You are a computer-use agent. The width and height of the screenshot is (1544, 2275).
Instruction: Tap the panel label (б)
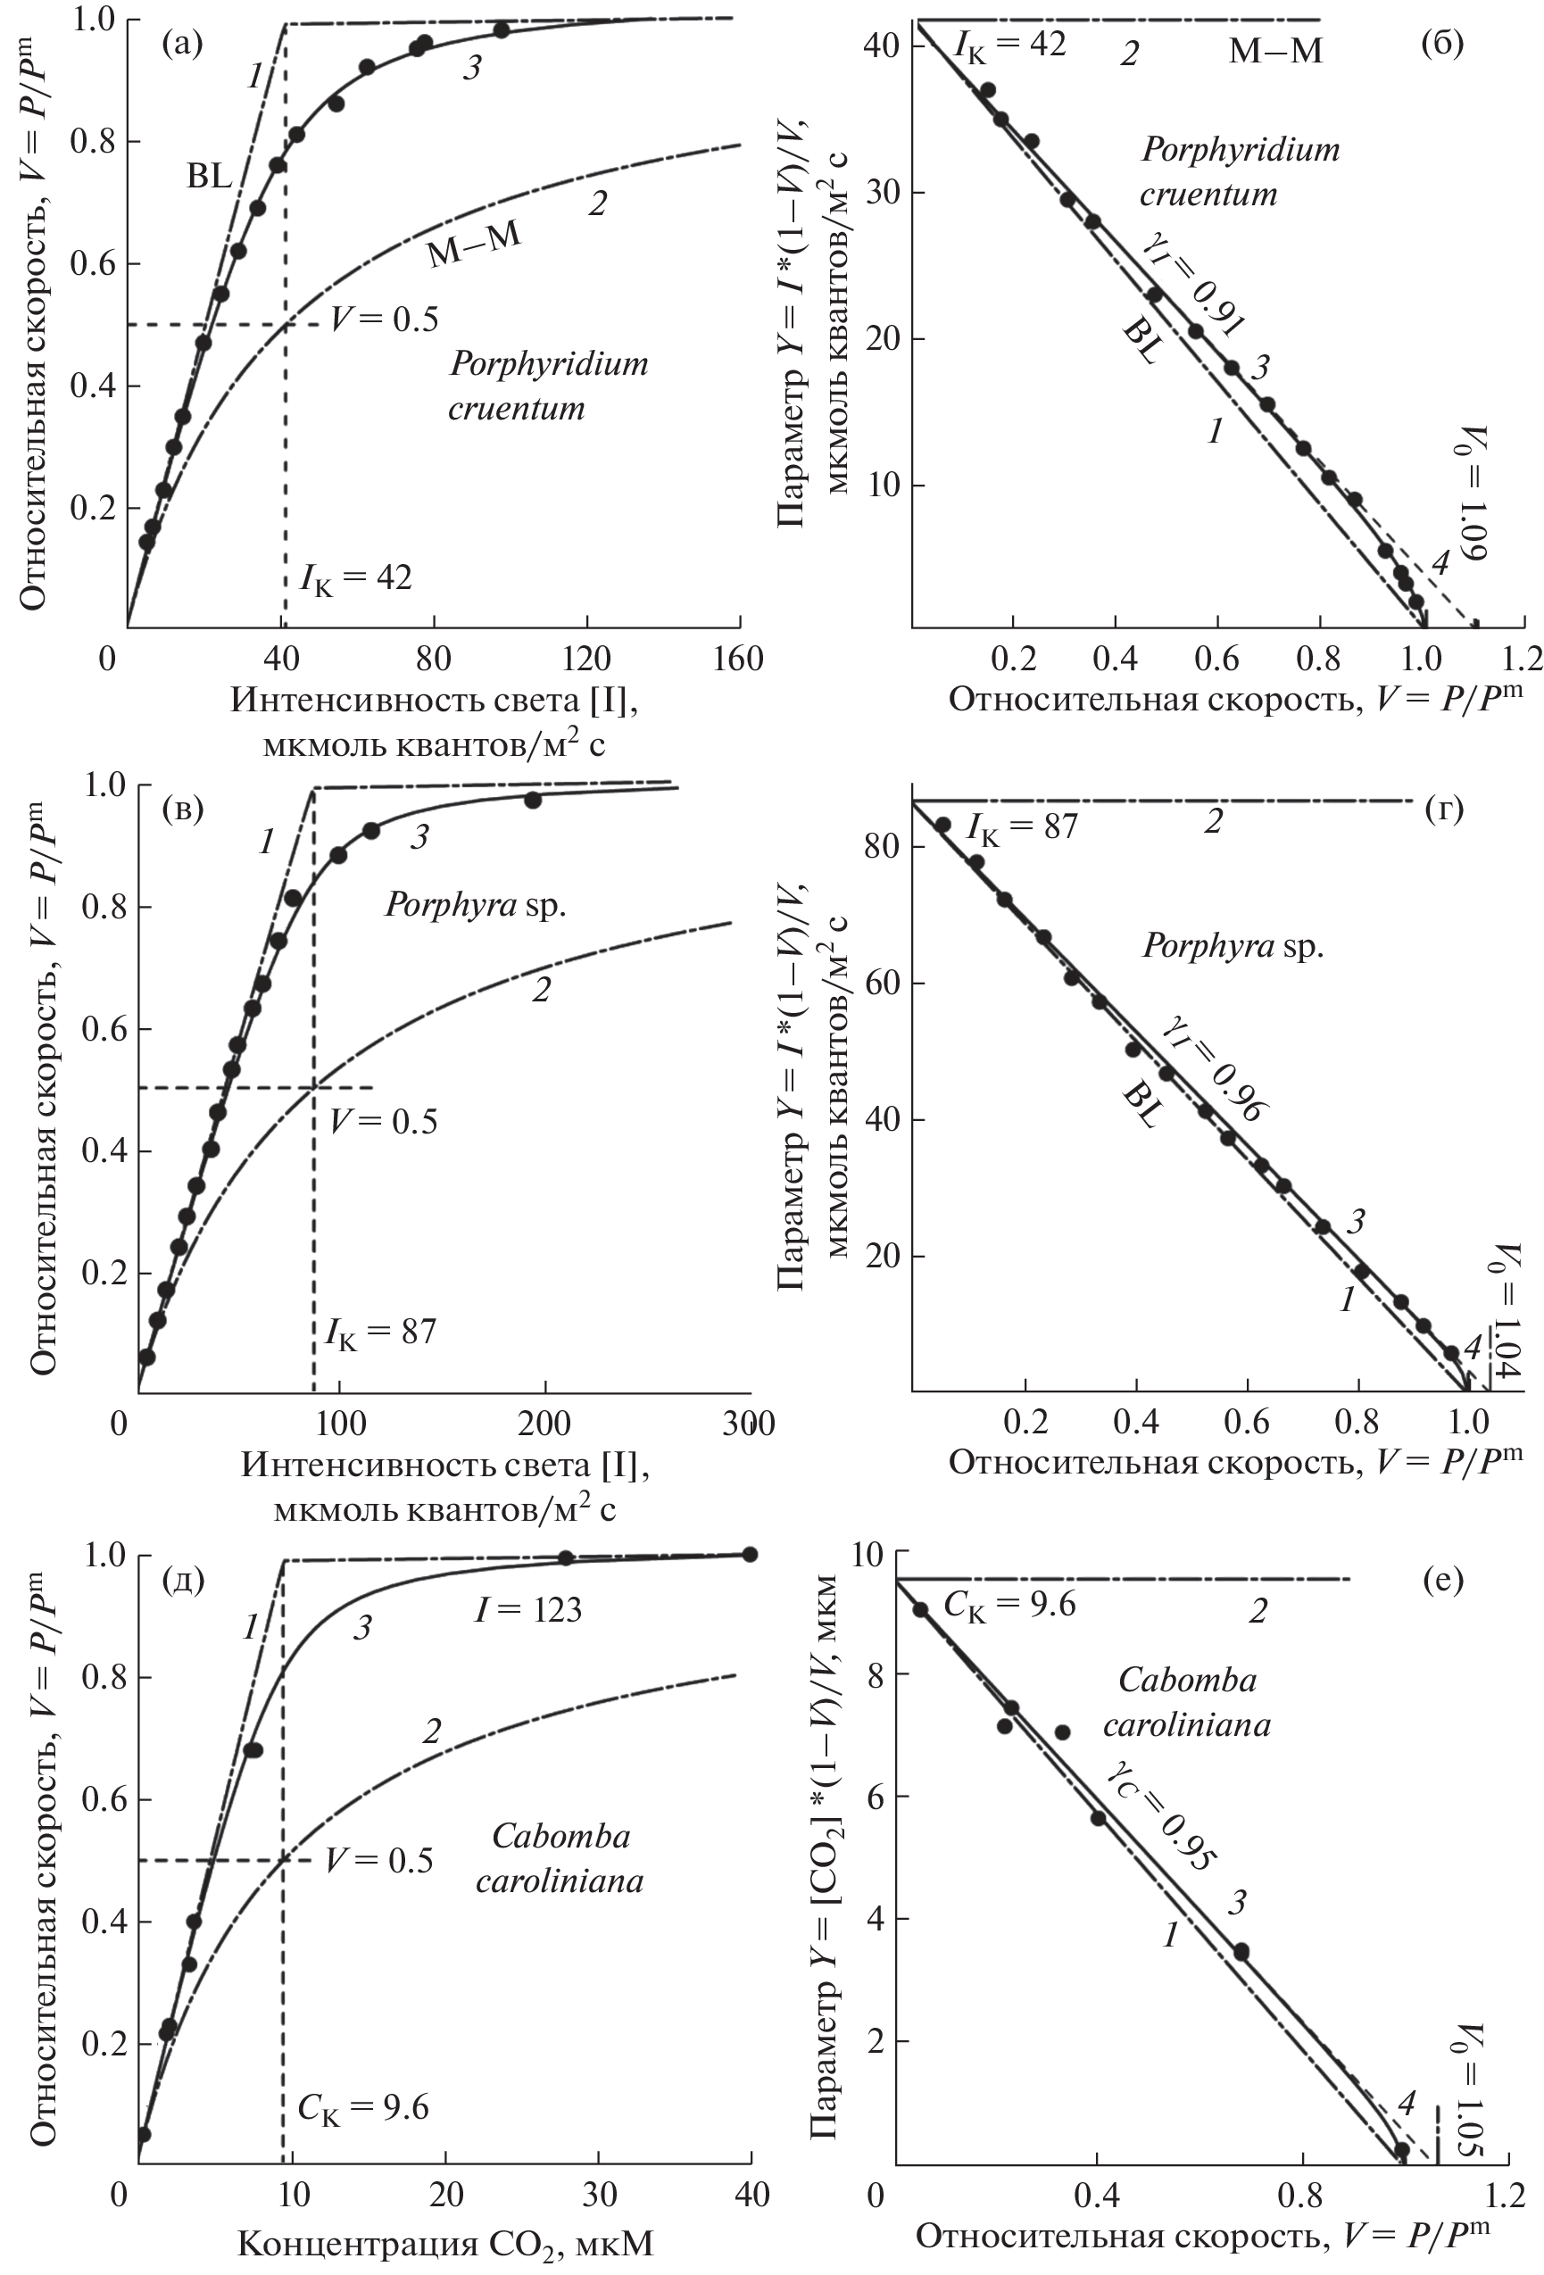(1441, 43)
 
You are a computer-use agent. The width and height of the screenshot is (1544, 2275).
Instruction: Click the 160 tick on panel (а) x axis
(739, 659)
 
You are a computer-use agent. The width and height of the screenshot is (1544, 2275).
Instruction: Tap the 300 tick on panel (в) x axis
(748, 1423)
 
